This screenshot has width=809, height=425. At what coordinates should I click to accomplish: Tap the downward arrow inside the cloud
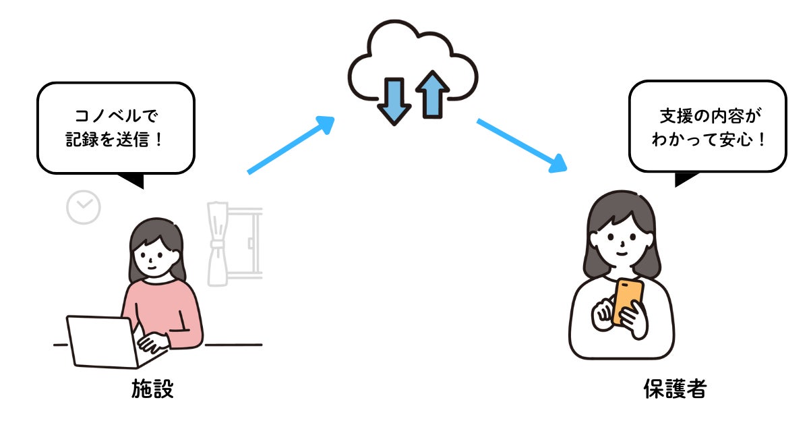pyautogui.click(x=394, y=101)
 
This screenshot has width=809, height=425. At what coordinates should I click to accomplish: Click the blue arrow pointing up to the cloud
pyautogui.click(x=291, y=145)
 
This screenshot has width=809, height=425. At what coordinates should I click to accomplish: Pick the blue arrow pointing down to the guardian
pyautogui.click(x=520, y=145)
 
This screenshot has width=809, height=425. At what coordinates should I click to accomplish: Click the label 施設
pyautogui.click(x=152, y=389)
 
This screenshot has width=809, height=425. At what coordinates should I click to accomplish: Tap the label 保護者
pyautogui.click(x=674, y=389)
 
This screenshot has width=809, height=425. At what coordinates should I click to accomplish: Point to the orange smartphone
pyautogui.click(x=627, y=301)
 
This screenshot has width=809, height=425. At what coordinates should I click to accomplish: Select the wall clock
pyautogui.click(x=84, y=208)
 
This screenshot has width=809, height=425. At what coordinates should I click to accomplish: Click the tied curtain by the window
pyautogui.click(x=218, y=243)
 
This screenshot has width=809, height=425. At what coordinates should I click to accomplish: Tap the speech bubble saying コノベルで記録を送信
pyautogui.click(x=115, y=128)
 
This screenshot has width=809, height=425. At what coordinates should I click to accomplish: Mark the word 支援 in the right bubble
pyautogui.click(x=675, y=116)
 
